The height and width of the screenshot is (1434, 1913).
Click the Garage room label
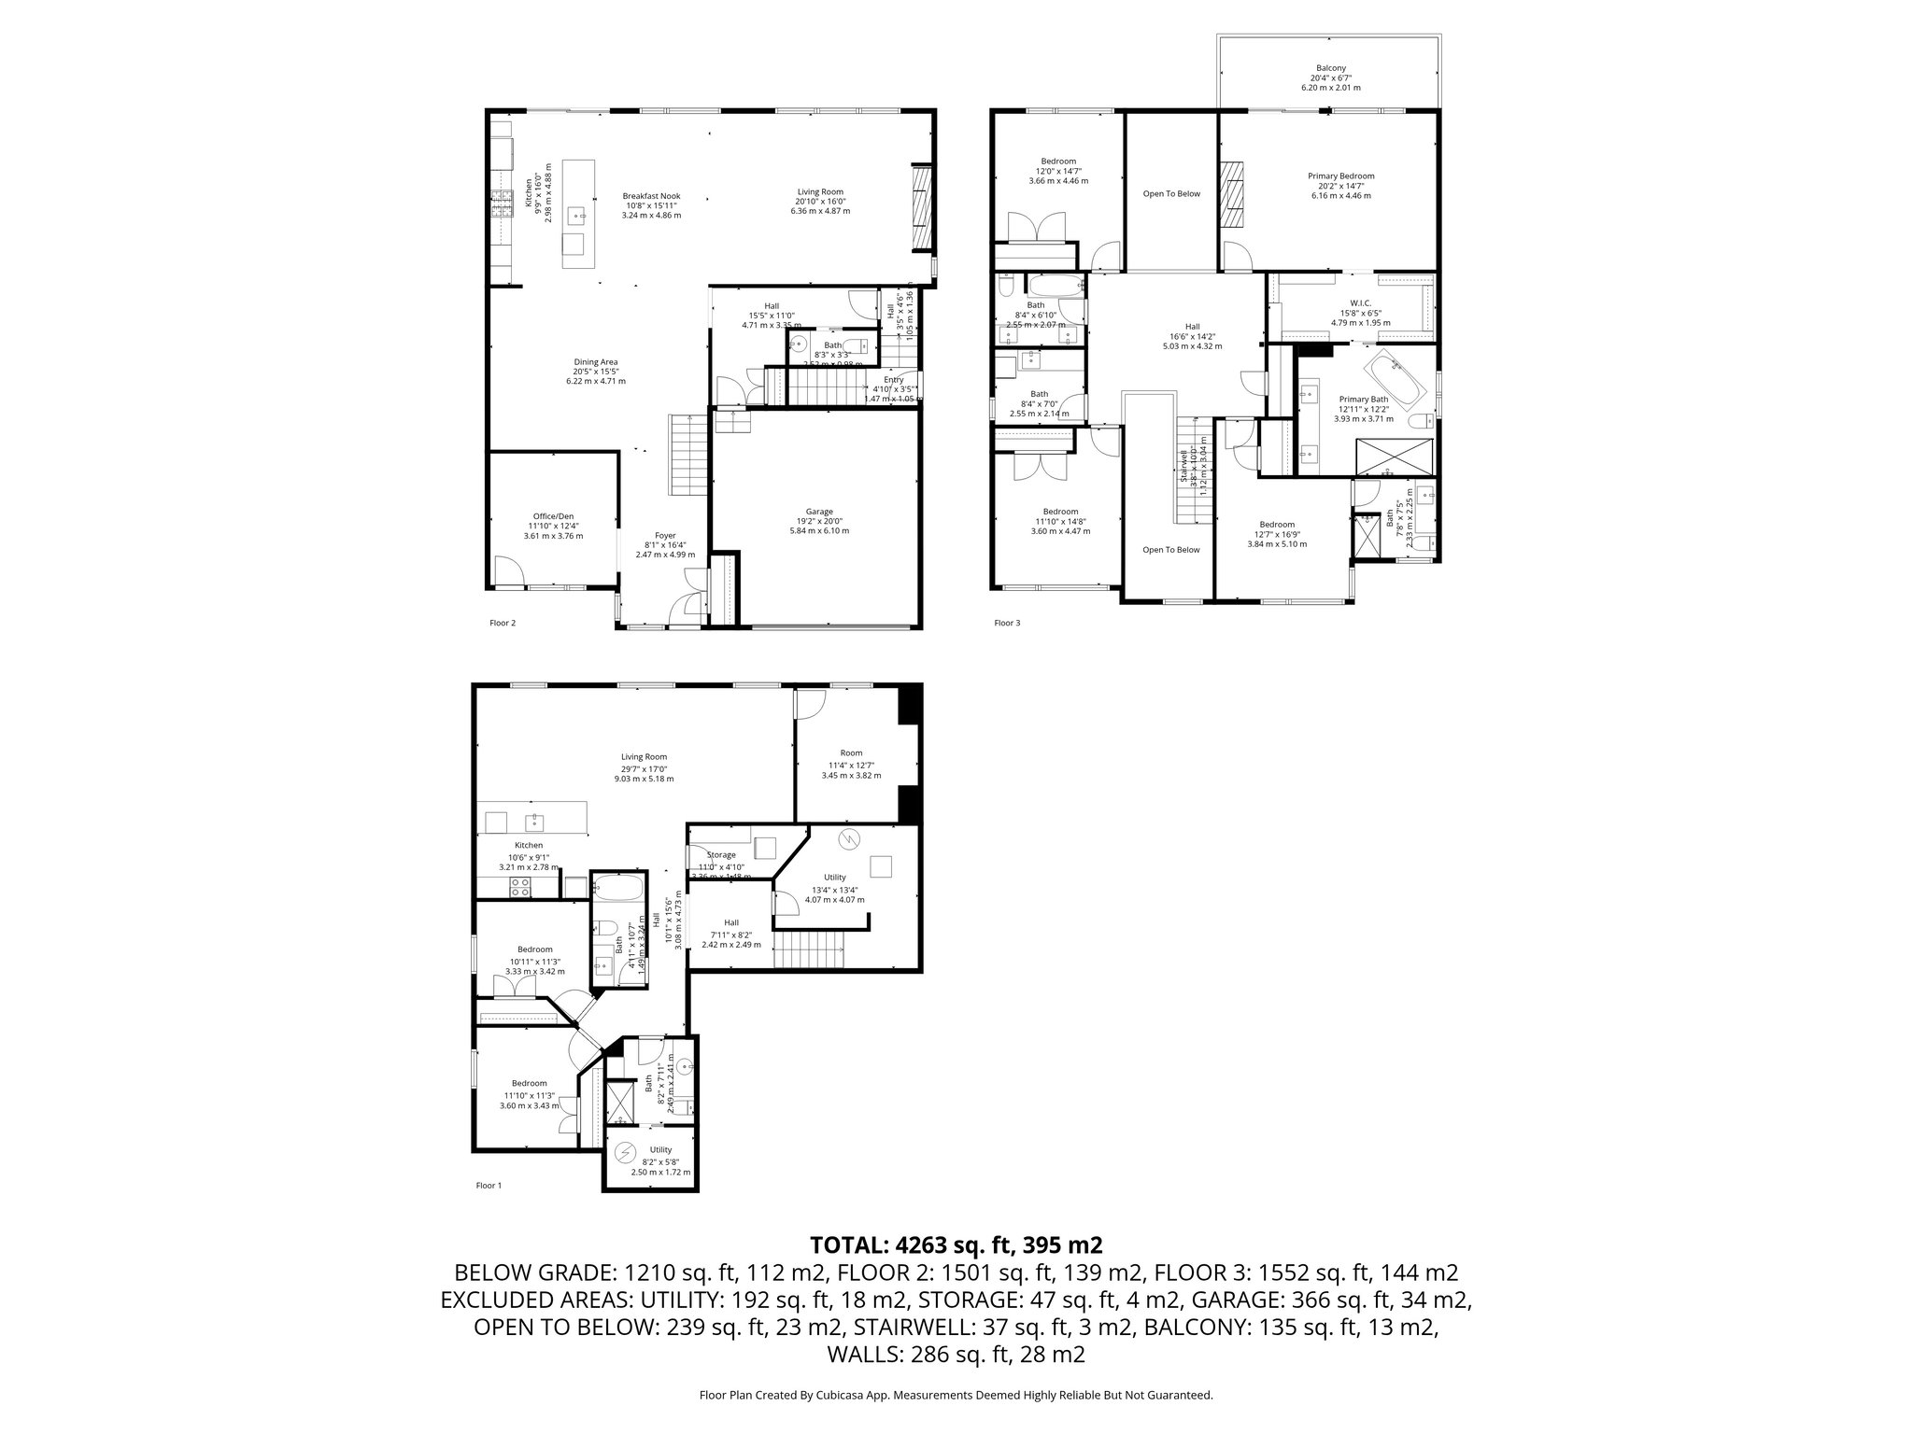click(819, 512)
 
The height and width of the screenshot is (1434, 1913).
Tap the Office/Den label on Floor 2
click(553, 516)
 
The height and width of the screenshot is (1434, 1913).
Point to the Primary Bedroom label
click(1340, 176)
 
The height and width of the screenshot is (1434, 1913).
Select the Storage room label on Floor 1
click(721, 854)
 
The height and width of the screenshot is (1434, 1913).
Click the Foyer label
click(665, 536)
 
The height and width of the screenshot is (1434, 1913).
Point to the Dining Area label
click(596, 362)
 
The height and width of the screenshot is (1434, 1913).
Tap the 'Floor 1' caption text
click(489, 1186)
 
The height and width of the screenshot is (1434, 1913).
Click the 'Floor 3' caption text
click(1007, 623)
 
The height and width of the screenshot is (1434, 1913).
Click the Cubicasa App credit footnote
click(956, 1396)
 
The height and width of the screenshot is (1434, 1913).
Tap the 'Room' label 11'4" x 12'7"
click(851, 752)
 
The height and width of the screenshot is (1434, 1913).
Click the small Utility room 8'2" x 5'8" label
click(660, 1150)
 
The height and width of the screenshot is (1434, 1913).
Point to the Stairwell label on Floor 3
click(1184, 465)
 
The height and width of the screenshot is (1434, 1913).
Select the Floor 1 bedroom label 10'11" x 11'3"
click(535, 949)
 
